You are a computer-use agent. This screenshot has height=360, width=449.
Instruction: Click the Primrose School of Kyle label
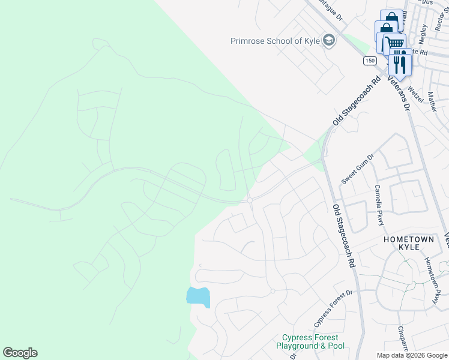(275, 41)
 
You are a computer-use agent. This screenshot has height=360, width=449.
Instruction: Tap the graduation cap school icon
(328, 41)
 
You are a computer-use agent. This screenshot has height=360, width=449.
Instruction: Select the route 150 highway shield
(369, 61)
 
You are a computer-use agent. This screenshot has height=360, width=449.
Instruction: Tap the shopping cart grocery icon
(394, 44)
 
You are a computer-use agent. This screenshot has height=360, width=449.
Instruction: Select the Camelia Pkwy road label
(379, 205)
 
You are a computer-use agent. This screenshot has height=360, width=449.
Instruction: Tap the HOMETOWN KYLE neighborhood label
(409, 243)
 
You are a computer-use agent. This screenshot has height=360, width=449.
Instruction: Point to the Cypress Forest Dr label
(331, 311)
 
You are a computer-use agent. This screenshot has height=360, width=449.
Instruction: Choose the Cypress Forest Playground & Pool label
(310, 342)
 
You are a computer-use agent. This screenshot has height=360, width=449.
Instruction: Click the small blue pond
(198, 296)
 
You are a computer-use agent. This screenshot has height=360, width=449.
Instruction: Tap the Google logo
(20, 353)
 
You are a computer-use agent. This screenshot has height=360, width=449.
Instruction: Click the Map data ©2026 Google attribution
(412, 355)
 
